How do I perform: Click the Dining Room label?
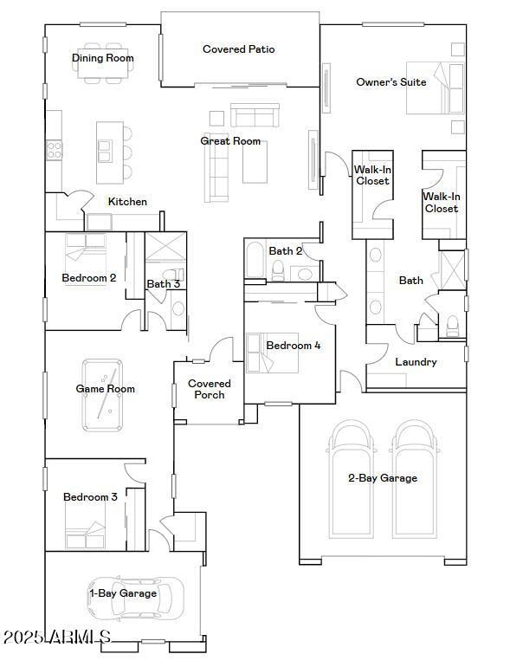[x=102, y=58]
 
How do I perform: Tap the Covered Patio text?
[x=238, y=49]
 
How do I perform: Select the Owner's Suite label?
[x=391, y=82]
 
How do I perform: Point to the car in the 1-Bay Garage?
[x=136, y=597]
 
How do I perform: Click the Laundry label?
[x=416, y=362]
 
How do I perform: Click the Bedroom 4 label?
[x=293, y=346]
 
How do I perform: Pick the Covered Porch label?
[x=210, y=389]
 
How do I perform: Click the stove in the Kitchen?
[x=54, y=150]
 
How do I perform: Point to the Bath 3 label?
[x=163, y=284]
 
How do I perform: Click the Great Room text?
[x=230, y=141]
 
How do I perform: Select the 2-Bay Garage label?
[x=382, y=478]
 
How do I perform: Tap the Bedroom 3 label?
[x=90, y=497]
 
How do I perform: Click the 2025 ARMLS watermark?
[x=57, y=638]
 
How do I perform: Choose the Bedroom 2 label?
[x=88, y=278]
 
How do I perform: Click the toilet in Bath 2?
[x=278, y=272]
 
